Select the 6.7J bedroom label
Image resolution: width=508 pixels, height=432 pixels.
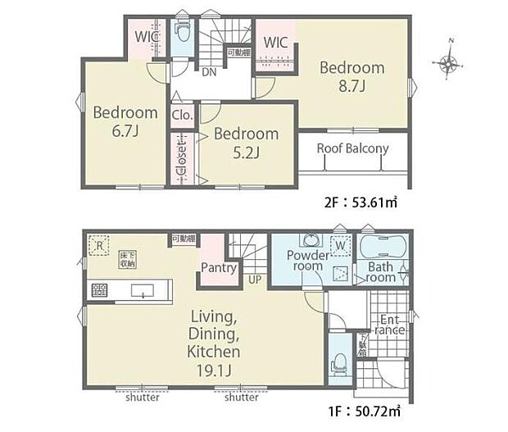point(125,121)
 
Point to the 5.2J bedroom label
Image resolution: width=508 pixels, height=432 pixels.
point(246,142)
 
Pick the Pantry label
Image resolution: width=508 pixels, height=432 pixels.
point(219,267)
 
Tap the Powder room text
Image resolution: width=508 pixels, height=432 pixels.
point(307,261)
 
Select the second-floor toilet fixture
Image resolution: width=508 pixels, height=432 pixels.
point(184,34)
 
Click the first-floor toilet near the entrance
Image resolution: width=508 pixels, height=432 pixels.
point(339,364)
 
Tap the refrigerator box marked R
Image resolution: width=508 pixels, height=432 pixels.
point(98,244)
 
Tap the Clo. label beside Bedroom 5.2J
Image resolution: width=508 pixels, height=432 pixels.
point(182,116)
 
